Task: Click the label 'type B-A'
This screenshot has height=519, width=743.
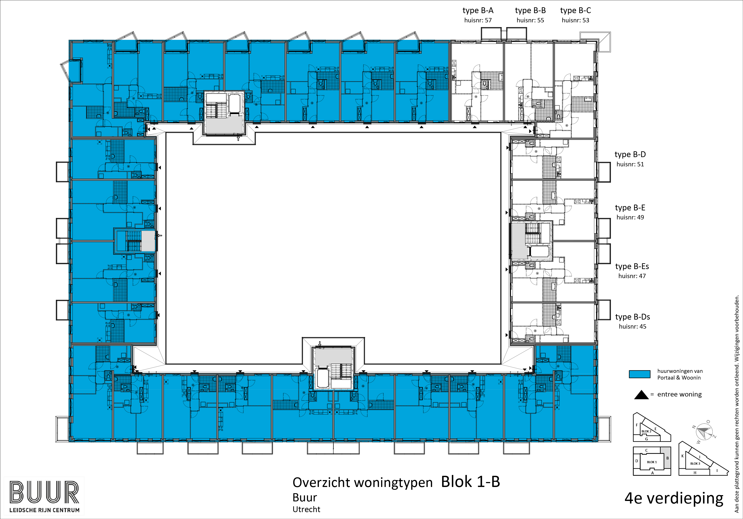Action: (x=478, y=11)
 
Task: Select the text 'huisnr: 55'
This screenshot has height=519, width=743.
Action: (x=530, y=20)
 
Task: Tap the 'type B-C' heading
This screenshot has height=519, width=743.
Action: (x=575, y=11)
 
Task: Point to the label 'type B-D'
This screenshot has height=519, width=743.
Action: (x=630, y=155)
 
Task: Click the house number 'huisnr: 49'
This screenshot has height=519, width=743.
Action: (x=630, y=217)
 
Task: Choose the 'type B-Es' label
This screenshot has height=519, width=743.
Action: (x=632, y=266)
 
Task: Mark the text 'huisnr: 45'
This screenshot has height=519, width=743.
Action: (x=632, y=327)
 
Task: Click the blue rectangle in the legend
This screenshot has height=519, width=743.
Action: (x=639, y=374)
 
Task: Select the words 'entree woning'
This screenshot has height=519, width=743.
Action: (x=680, y=395)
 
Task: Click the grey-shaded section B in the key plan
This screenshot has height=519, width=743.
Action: (x=667, y=458)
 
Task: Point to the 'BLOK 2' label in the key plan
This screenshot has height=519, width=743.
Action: (x=646, y=431)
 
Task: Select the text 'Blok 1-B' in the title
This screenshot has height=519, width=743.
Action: (x=471, y=482)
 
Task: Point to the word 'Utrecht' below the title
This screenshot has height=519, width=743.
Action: (x=306, y=510)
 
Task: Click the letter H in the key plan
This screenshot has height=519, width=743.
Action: (x=695, y=473)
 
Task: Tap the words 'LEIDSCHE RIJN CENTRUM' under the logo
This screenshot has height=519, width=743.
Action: (x=44, y=510)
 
